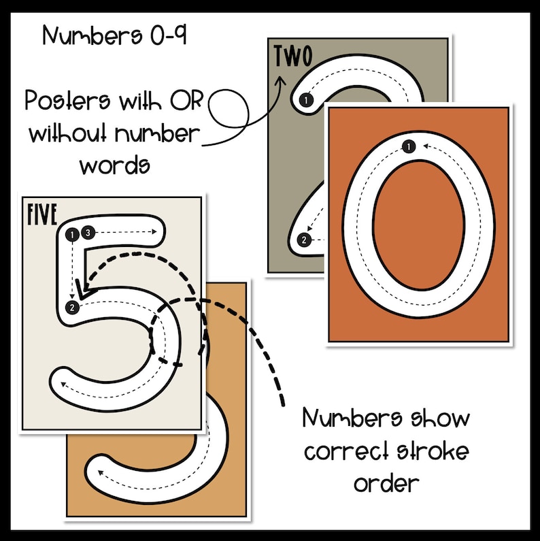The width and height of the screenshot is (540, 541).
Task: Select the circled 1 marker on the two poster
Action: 307,101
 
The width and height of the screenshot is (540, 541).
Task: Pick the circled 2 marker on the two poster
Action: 304,239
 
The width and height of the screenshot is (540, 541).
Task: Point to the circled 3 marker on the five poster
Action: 86,233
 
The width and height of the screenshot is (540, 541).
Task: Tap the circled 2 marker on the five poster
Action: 71,308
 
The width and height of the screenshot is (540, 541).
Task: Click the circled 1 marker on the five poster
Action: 73,234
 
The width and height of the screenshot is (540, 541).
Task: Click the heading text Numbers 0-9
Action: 114,35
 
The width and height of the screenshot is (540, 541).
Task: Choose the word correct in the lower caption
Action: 344,450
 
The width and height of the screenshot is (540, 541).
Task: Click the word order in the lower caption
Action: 386,483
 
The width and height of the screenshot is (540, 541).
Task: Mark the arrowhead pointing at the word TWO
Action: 278,80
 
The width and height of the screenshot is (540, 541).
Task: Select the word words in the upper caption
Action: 114,164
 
